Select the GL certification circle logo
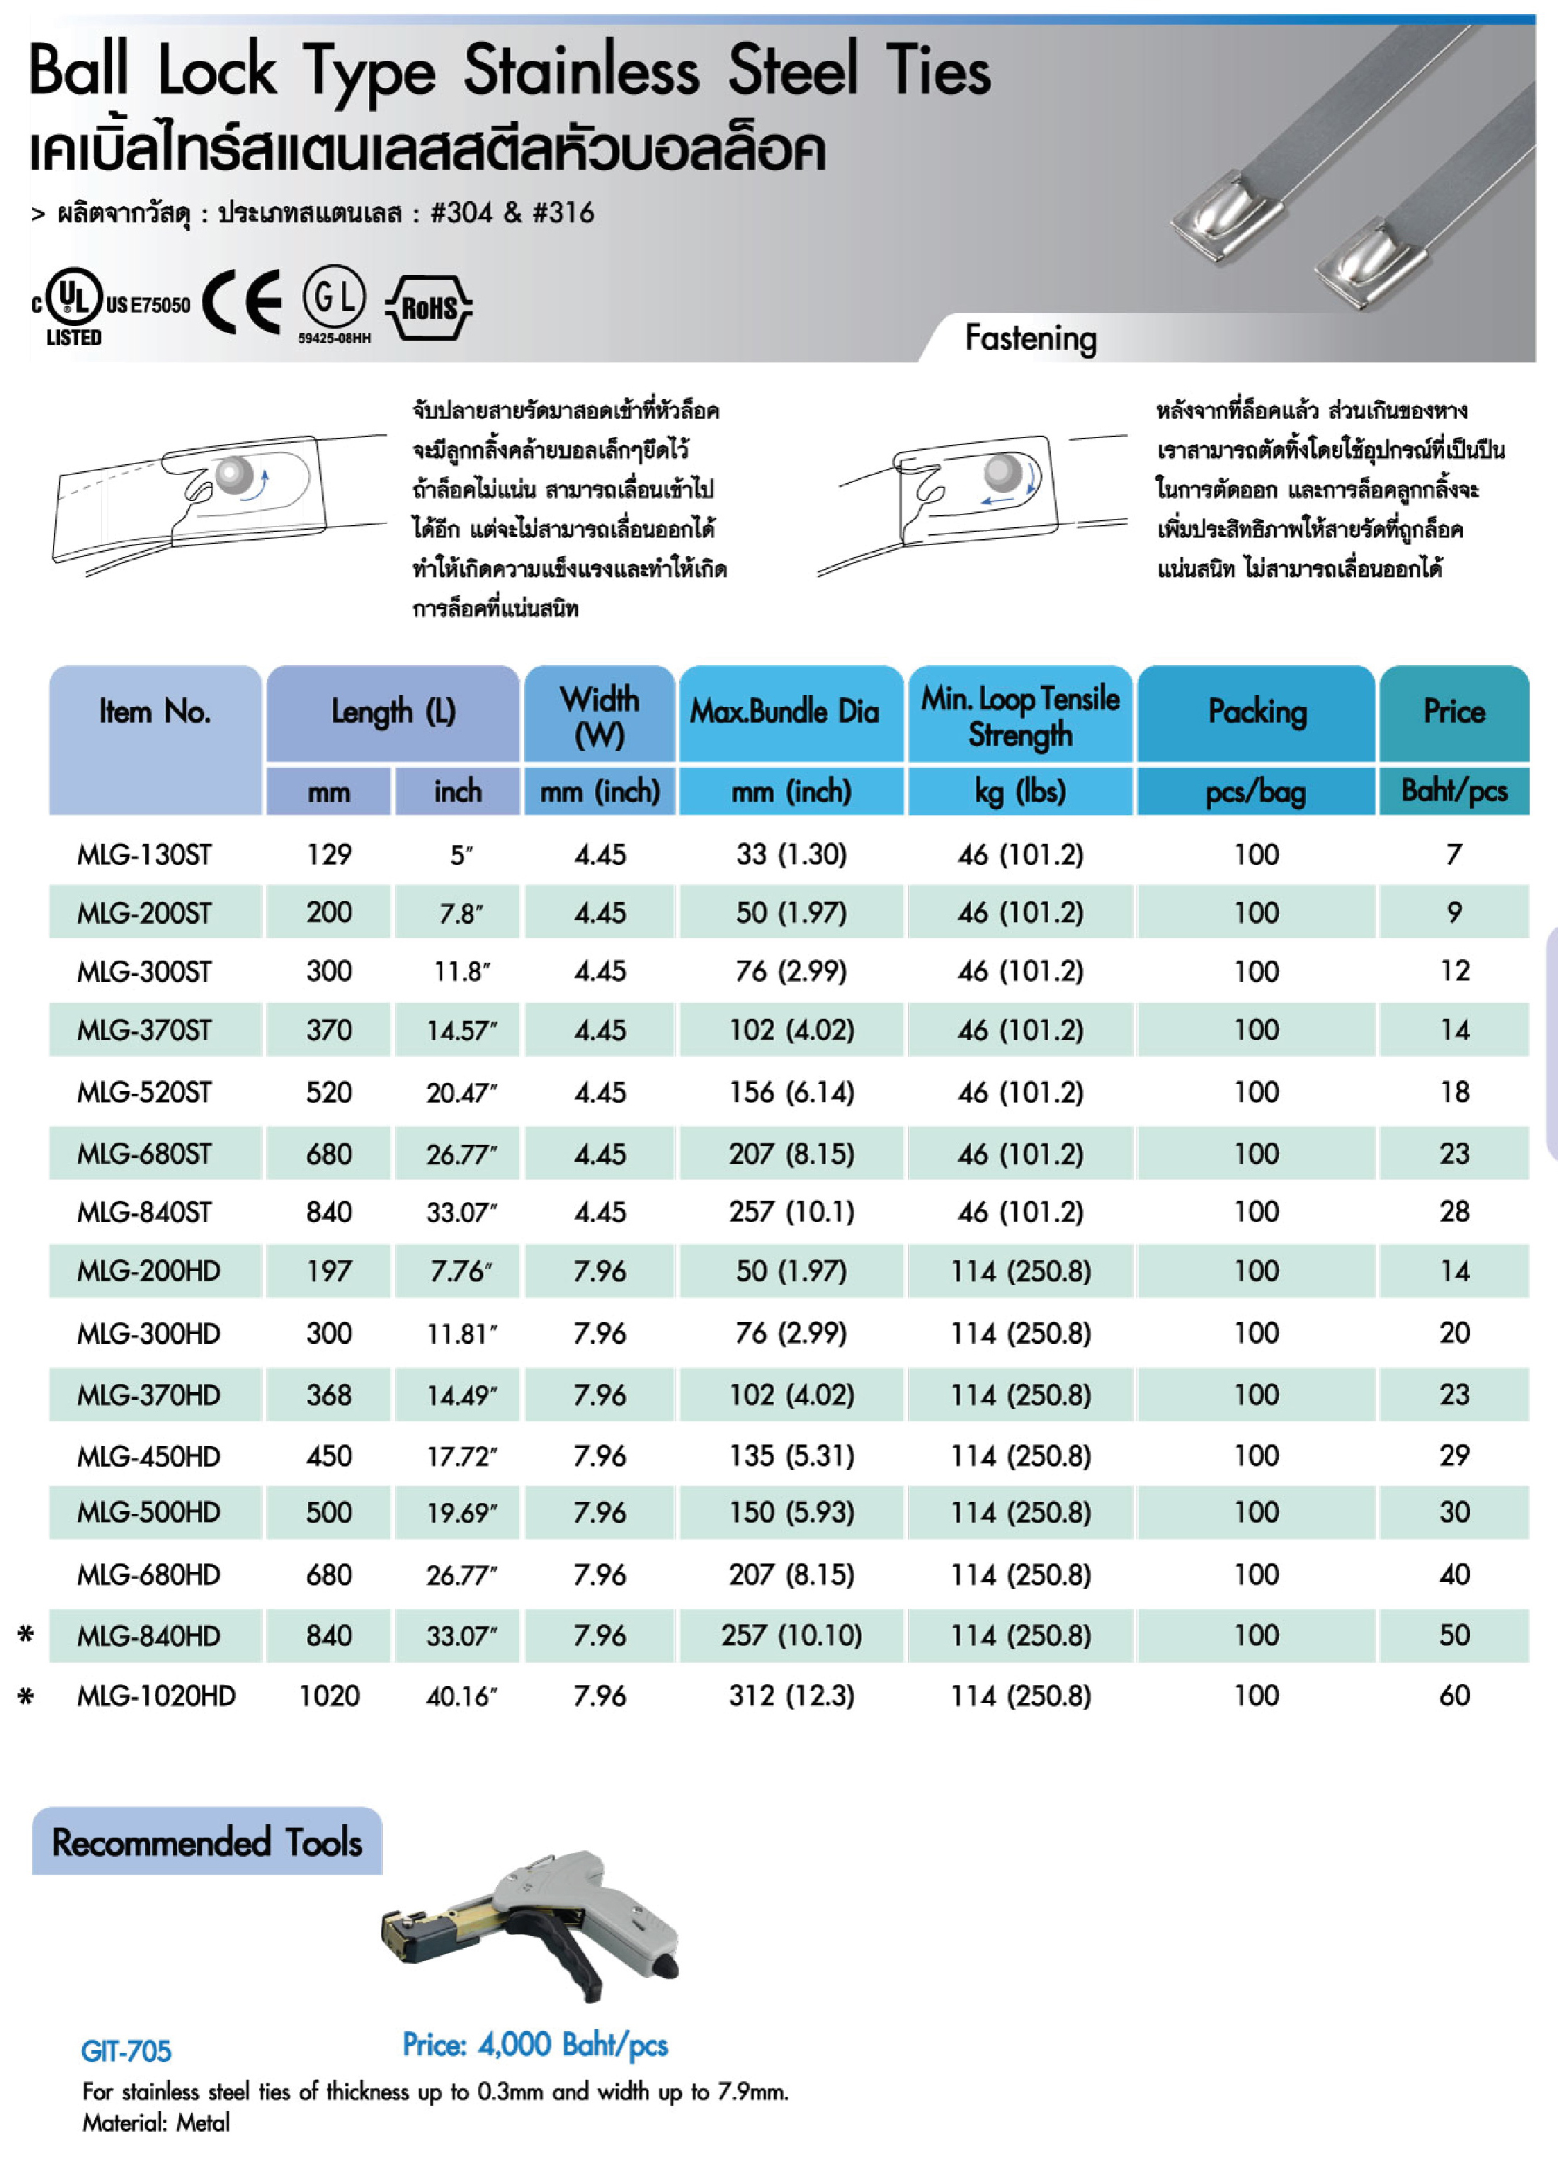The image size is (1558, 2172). coord(334,297)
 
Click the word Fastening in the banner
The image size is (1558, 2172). coord(1030,338)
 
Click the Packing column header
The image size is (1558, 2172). coord(1256,711)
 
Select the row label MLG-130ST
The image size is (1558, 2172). coord(144,854)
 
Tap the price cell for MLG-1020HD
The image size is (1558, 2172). coord(1454,1695)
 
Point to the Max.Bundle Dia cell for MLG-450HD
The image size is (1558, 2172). coord(791,1456)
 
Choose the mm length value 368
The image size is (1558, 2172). coord(329,1394)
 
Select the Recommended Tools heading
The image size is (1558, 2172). coord(207,1842)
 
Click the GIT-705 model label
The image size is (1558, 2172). coord(125,2050)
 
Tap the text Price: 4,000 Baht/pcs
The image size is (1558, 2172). coord(535,2044)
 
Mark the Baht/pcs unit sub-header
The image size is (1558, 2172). coord(1454,791)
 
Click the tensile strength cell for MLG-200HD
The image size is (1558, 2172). coord(1020,1271)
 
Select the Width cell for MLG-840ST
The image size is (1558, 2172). coord(599,1211)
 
